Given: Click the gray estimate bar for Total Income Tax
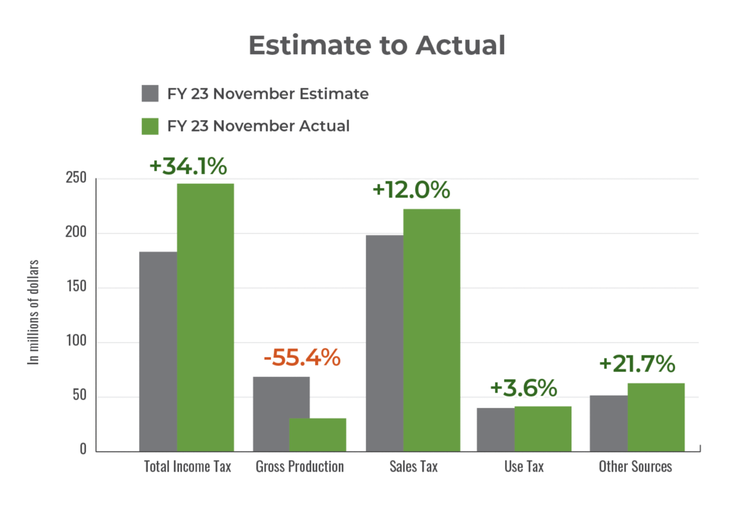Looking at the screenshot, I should (x=157, y=351).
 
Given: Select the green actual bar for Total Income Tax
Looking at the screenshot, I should (x=206, y=317).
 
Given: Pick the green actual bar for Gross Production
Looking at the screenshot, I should (x=318, y=434).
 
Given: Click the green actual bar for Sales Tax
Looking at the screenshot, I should (x=432, y=330).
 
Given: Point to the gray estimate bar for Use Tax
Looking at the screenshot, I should (x=495, y=429).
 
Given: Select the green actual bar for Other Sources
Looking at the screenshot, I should (x=656, y=416).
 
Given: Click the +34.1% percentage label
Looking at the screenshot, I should (x=188, y=166).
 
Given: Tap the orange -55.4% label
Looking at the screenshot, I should (x=302, y=358).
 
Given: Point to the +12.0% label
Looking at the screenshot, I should (x=411, y=190).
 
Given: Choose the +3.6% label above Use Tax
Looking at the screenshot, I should (x=523, y=388).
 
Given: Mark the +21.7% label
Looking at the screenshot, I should (x=637, y=364).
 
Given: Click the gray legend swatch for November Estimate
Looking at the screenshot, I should (x=150, y=94).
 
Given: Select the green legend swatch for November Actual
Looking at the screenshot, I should (x=150, y=126).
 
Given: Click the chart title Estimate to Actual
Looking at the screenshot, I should (x=376, y=45).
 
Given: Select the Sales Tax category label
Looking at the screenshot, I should (x=414, y=466).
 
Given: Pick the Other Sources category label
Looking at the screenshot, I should (x=635, y=466).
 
